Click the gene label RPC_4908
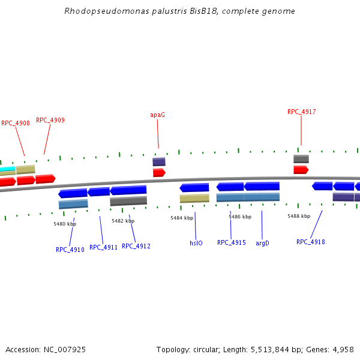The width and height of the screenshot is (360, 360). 16,123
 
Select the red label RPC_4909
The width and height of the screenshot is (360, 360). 50,120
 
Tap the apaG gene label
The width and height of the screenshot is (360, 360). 157,115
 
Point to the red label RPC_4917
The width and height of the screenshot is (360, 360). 301,112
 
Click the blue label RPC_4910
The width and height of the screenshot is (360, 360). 70,250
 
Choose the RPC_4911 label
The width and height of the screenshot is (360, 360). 104,247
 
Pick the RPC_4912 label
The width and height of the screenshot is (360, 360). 136,246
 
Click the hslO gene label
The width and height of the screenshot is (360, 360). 196,243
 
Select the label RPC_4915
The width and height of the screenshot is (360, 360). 232,242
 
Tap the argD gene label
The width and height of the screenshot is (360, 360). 262,243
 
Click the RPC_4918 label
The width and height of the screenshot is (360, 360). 311,242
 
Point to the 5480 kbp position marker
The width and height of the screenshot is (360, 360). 65,224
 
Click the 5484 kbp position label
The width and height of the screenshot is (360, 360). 182,218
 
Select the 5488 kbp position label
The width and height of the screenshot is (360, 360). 299,216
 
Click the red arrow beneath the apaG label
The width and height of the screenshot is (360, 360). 159,173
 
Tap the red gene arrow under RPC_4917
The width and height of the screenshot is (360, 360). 301,170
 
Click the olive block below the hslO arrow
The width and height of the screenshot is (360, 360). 194,198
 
